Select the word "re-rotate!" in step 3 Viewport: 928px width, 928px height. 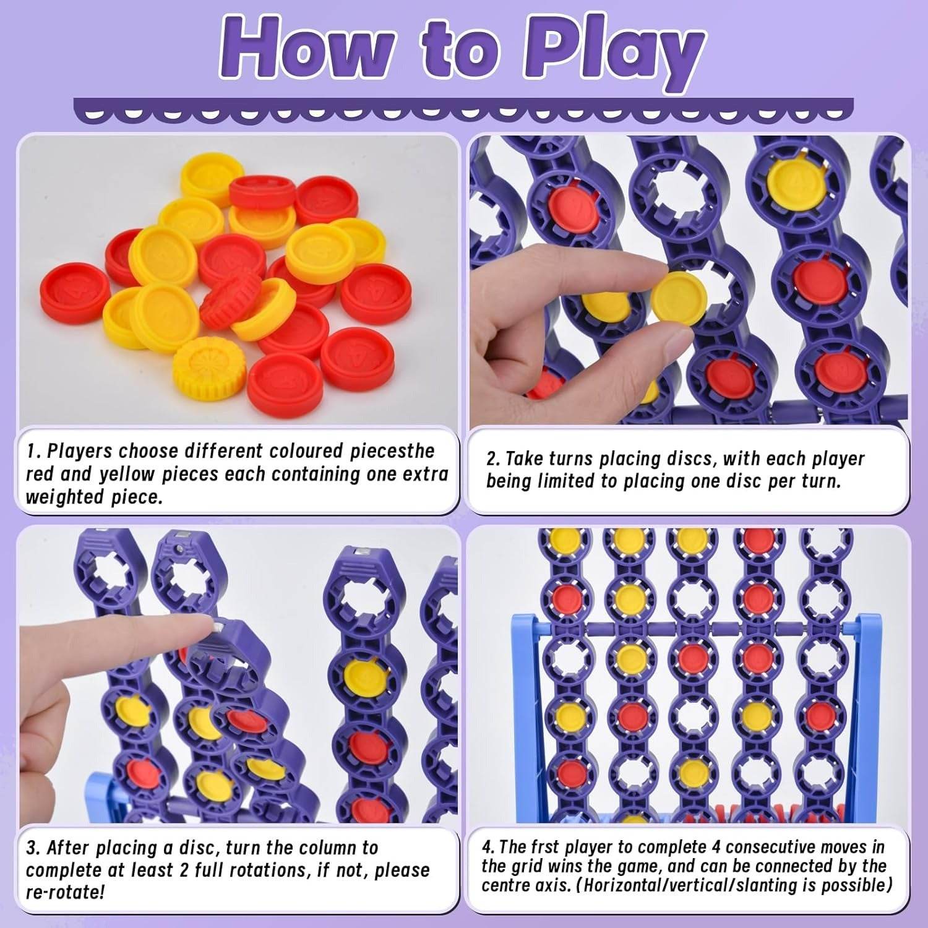[65, 892]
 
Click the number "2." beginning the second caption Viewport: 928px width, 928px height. [492, 459]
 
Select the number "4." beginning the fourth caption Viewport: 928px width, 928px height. [488, 847]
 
